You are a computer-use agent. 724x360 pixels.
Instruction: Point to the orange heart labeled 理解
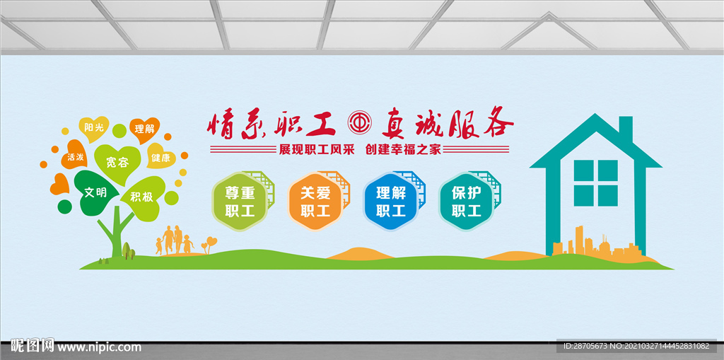pos(144,129)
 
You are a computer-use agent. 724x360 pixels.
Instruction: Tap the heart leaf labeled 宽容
pos(117,163)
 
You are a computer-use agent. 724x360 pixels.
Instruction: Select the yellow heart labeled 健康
pos(160,157)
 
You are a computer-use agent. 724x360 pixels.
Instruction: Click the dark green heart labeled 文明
pos(95,192)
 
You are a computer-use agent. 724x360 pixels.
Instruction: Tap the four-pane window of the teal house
pos(595,182)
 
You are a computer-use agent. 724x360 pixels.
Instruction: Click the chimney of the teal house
pos(625,130)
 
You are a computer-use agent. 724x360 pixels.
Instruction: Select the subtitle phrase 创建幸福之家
pos(402,149)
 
